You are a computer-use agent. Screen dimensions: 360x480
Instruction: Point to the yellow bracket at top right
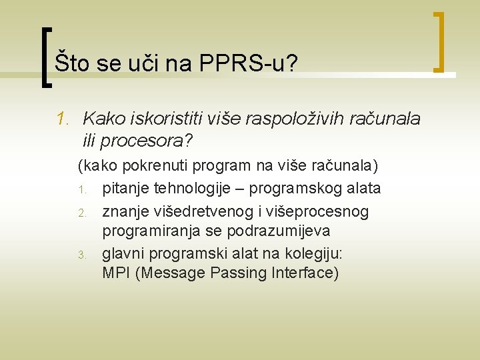(x=439, y=41)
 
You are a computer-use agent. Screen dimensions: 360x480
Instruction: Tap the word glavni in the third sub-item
(x=123, y=254)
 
